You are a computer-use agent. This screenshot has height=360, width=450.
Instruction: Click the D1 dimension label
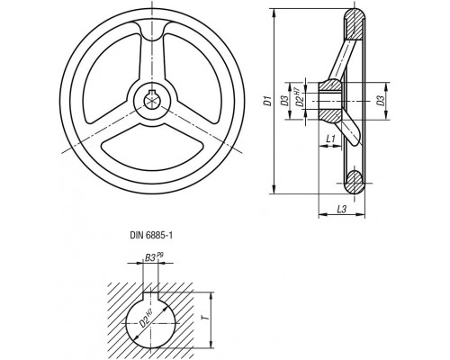(x=267, y=101)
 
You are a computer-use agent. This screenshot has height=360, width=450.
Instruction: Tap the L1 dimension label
(x=330, y=139)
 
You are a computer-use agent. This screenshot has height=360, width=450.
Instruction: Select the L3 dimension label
(x=342, y=209)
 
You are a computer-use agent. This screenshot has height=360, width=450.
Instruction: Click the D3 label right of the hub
(x=381, y=101)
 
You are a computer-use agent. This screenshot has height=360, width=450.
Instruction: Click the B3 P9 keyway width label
(x=154, y=257)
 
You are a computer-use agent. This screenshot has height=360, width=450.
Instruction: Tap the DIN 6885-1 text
(x=151, y=236)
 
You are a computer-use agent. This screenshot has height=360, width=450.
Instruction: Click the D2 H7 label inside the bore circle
(x=147, y=319)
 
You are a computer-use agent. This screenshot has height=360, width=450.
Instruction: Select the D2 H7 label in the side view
(x=298, y=97)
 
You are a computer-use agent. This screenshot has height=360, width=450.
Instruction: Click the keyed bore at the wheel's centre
(x=152, y=101)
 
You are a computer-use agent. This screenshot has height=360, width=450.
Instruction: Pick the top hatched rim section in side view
(x=354, y=24)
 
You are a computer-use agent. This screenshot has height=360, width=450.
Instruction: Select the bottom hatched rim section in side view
(x=354, y=182)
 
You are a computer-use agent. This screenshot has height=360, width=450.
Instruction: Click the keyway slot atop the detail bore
(x=150, y=295)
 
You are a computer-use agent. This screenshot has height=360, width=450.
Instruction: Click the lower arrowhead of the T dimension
(x=211, y=344)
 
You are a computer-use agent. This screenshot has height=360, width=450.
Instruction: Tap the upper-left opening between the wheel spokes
(x=111, y=78)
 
